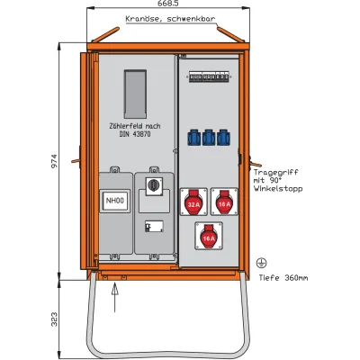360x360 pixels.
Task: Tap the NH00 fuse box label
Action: (114, 202)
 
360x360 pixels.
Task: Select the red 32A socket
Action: (193, 203)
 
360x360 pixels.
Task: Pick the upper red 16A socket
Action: (223, 203)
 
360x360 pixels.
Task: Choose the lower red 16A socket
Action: (208, 237)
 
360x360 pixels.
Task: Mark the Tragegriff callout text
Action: (279, 179)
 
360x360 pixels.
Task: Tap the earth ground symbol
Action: (260, 262)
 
